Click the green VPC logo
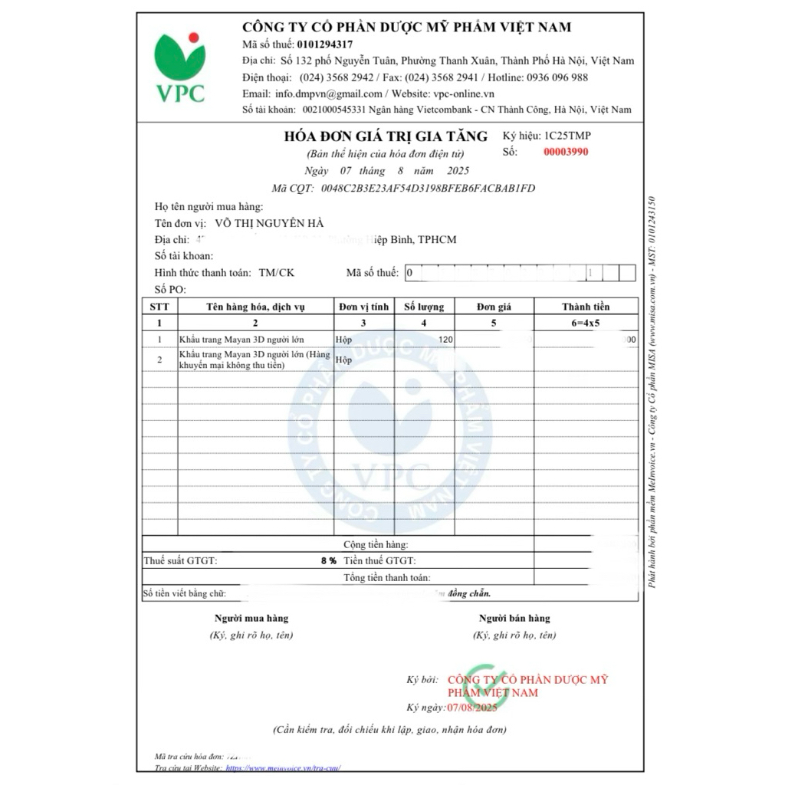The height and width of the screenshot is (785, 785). click(x=181, y=67)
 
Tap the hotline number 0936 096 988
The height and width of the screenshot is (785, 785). click(x=550, y=77)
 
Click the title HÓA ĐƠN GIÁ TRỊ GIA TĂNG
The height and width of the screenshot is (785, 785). click(x=386, y=136)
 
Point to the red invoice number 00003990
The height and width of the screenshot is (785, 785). click(x=566, y=152)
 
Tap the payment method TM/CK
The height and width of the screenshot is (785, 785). click(x=276, y=273)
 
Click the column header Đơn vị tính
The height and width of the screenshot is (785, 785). click(x=363, y=307)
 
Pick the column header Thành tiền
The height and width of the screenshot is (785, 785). click(x=586, y=307)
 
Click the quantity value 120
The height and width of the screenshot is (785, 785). click(x=445, y=340)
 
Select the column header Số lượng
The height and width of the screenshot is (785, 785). click(x=424, y=307)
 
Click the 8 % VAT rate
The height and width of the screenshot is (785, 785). click(x=329, y=561)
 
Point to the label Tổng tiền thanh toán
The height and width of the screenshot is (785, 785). click(x=386, y=577)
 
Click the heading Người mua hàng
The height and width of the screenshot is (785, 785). click(x=251, y=618)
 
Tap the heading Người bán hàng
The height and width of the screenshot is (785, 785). click(x=514, y=618)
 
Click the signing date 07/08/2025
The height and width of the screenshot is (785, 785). click(x=473, y=707)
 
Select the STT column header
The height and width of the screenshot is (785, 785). click(x=159, y=307)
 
